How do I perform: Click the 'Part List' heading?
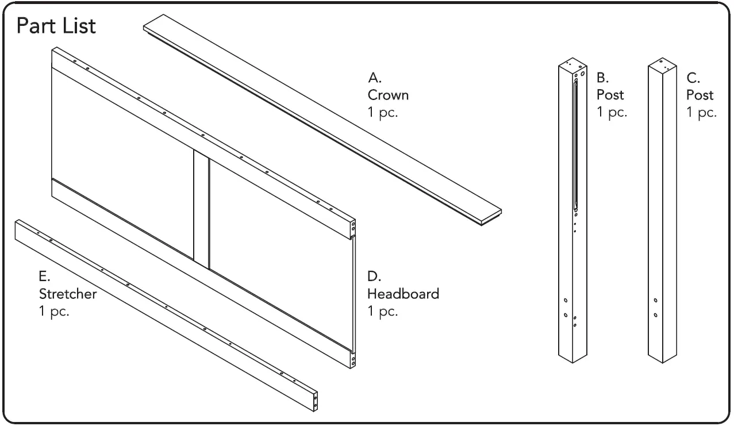[x=55, y=26]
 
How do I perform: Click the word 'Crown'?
[x=388, y=95]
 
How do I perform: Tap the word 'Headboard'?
[x=403, y=294]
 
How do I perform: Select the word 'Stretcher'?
[x=67, y=294]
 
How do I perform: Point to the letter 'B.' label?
[x=602, y=77]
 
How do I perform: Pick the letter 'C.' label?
[x=692, y=77]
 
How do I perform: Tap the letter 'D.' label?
[x=374, y=277]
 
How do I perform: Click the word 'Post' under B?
[x=610, y=94]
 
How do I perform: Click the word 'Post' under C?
[x=700, y=94]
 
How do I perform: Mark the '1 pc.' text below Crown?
[x=383, y=112]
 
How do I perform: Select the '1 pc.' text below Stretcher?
[x=53, y=312]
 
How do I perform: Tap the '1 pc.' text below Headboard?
[x=383, y=312]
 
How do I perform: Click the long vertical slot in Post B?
[x=575, y=144]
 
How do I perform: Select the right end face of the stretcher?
[x=315, y=401]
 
